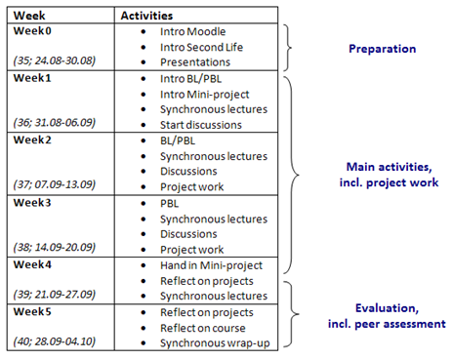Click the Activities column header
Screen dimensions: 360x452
[x=146, y=15]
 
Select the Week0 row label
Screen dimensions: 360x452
[x=32, y=30]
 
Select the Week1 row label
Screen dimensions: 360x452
[x=32, y=76]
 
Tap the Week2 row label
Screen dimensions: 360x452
[x=32, y=139]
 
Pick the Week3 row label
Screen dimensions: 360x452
[x=32, y=201]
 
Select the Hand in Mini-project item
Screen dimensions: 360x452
[x=213, y=264]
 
